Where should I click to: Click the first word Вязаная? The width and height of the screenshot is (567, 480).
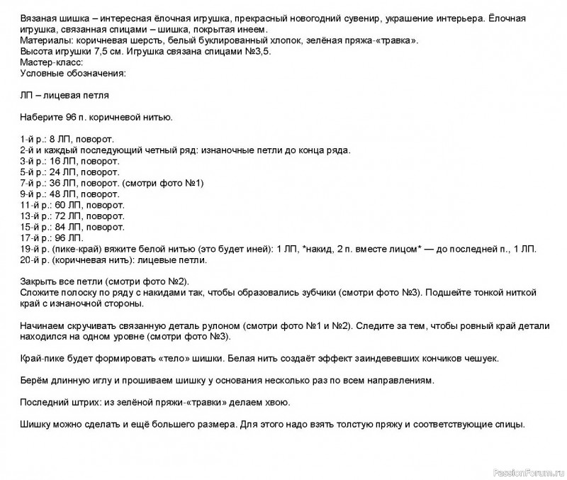coord(39,15)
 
